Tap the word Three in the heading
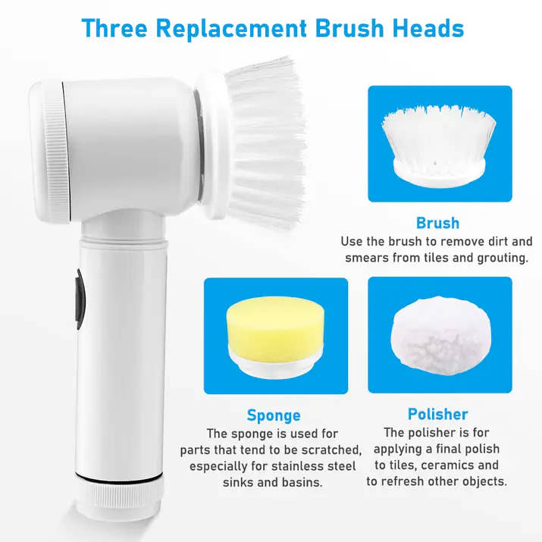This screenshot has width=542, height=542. coord(115,28)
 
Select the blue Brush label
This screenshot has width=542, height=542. coord(437,223)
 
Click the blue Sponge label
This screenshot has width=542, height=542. coord(274,415)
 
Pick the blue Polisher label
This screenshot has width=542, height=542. coord(437,414)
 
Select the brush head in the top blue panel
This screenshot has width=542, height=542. coord(440,144)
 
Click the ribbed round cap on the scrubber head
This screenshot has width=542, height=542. coord(50,152)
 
